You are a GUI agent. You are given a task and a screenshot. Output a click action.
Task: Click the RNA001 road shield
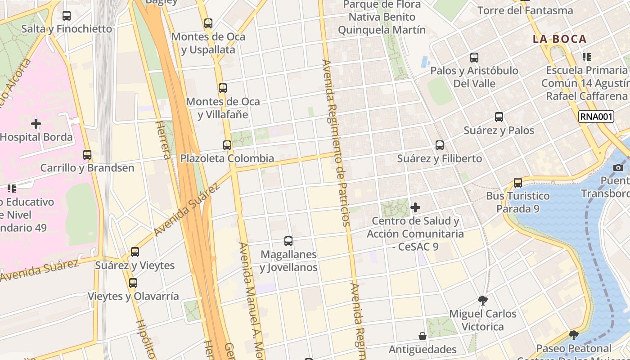point(596,117)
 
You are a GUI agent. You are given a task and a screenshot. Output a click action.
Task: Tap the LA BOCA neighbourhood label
point(560,39)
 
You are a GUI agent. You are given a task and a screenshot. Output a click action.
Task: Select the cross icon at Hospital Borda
point(36,123)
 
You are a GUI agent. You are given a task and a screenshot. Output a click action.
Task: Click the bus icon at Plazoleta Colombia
point(227,145)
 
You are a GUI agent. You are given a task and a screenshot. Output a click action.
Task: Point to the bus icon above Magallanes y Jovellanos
point(288,241)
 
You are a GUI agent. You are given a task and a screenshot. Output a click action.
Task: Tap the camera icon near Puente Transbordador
point(618,167)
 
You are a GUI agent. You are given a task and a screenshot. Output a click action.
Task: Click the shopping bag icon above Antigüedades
point(423,336)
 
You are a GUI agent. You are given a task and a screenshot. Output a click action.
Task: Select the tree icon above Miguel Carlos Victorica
point(483,300)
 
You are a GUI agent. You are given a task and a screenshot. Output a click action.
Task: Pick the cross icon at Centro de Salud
point(415,207)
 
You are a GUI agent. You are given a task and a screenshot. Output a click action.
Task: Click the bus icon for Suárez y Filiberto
point(440,145)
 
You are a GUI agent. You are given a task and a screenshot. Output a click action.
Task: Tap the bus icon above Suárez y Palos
point(499,117)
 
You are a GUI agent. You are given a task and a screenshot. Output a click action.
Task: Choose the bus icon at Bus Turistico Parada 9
point(518,183)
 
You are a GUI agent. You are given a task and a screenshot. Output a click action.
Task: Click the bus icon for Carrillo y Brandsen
point(87,154)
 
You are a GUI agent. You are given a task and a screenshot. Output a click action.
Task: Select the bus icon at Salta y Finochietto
point(67,16)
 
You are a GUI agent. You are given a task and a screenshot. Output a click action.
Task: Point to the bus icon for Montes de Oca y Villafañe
point(223,88)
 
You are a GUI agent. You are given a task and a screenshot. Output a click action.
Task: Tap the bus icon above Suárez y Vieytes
point(135,252)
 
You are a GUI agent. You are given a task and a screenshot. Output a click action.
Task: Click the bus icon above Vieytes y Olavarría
point(133,283)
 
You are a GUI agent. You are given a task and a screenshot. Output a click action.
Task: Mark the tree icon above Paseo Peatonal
point(573,335)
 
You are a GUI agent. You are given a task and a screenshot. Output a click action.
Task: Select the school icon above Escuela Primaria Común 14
point(586,57)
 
